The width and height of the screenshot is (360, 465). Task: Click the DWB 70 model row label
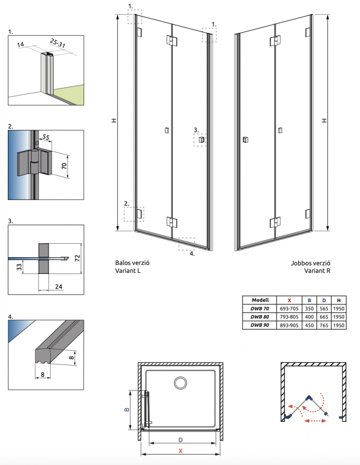pyautogui.click(x=259, y=309)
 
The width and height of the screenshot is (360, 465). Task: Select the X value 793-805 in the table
pyautogui.click(x=289, y=317)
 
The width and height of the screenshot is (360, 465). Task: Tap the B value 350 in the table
pyautogui.click(x=309, y=309)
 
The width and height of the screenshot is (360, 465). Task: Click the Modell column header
pyautogui.click(x=259, y=300)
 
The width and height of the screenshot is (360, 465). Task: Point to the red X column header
pyautogui.click(x=289, y=300)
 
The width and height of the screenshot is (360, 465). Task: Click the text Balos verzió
pyautogui.click(x=132, y=263)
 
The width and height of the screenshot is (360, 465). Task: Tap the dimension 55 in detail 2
pyautogui.click(x=46, y=137)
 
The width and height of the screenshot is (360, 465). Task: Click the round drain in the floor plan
pyautogui.click(x=180, y=383)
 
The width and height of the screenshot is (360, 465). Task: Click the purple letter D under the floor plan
pyautogui.click(x=180, y=439)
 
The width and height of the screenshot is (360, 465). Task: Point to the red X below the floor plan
pyautogui.click(x=180, y=451)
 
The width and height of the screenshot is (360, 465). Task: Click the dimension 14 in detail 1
pyautogui.click(x=20, y=45)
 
